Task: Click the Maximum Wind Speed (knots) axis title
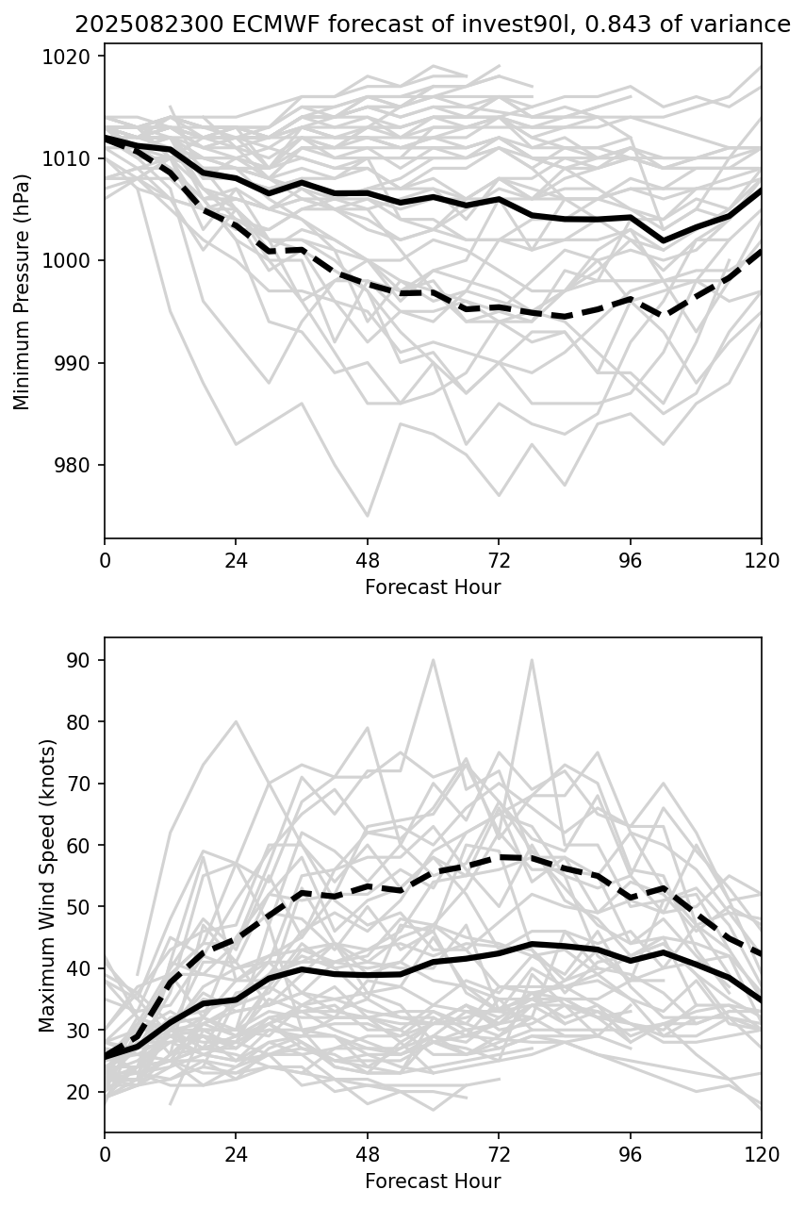click(48, 885)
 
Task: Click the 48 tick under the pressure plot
click(368, 560)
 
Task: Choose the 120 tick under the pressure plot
click(761, 560)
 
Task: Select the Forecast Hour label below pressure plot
click(433, 587)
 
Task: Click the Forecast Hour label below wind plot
click(433, 1181)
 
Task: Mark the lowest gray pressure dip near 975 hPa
click(368, 516)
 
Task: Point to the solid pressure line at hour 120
click(760, 191)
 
